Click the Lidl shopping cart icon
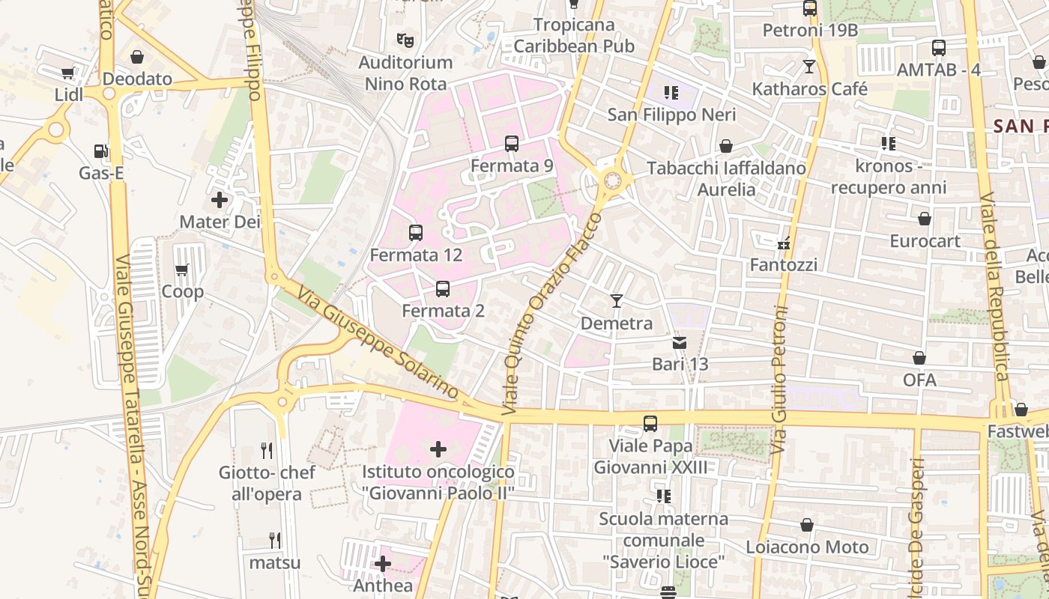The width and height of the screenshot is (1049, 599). (68, 73)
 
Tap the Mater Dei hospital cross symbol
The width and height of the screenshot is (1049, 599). (220, 200)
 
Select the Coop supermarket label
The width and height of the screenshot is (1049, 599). (183, 291)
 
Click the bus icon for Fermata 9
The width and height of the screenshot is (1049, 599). (512, 144)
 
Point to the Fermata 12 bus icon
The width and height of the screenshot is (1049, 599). (416, 233)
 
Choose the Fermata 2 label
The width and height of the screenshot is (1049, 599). (443, 310)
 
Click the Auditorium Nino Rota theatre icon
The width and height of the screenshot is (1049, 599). (405, 40)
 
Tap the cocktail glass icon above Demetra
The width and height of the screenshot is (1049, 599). (617, 301)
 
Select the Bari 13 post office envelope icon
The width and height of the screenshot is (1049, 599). (680, 343)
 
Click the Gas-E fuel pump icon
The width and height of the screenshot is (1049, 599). (101, 151)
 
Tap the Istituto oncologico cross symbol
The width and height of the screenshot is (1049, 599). (438, 449)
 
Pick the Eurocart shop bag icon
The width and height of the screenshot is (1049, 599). (925, 219)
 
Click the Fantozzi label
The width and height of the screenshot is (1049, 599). (784, 265)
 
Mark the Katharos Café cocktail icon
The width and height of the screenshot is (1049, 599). (808, 67)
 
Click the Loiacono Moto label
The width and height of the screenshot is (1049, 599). (807, 547)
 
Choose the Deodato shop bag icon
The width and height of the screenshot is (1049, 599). (137, 57)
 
